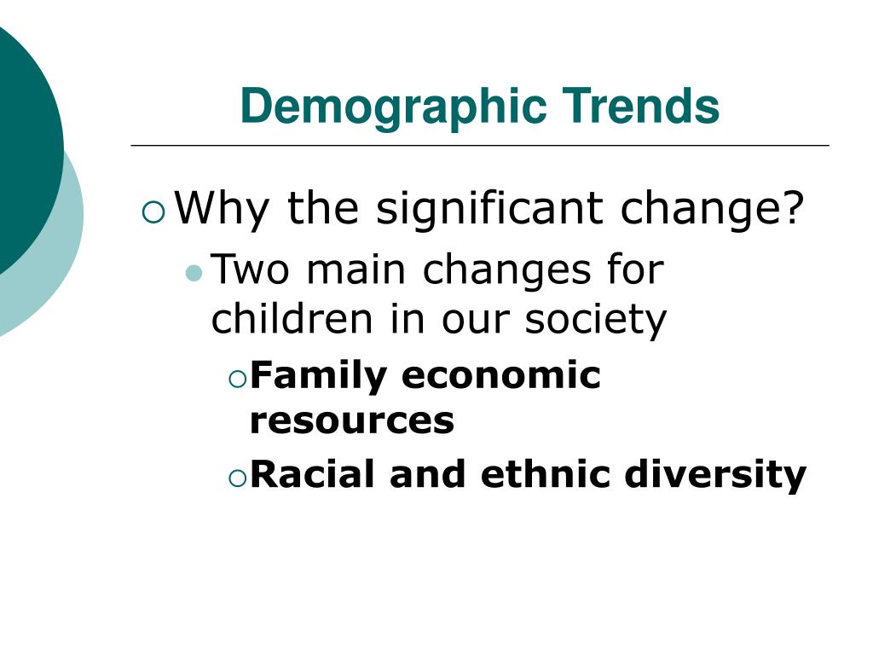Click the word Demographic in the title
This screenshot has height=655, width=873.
394,107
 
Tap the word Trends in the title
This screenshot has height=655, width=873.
640,105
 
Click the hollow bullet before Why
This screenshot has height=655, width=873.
153,212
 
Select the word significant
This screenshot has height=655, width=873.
489,209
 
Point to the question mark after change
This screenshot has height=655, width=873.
794,206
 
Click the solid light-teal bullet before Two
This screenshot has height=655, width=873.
194,273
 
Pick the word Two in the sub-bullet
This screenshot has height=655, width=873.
251,269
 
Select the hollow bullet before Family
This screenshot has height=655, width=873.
238,380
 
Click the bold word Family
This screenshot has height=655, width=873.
319,376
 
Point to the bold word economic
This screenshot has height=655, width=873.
501,375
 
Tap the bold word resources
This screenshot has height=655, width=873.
352,420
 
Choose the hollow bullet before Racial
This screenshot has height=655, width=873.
238,478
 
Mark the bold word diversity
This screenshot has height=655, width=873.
715,475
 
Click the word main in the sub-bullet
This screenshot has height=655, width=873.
356,270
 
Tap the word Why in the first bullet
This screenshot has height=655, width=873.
222,210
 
